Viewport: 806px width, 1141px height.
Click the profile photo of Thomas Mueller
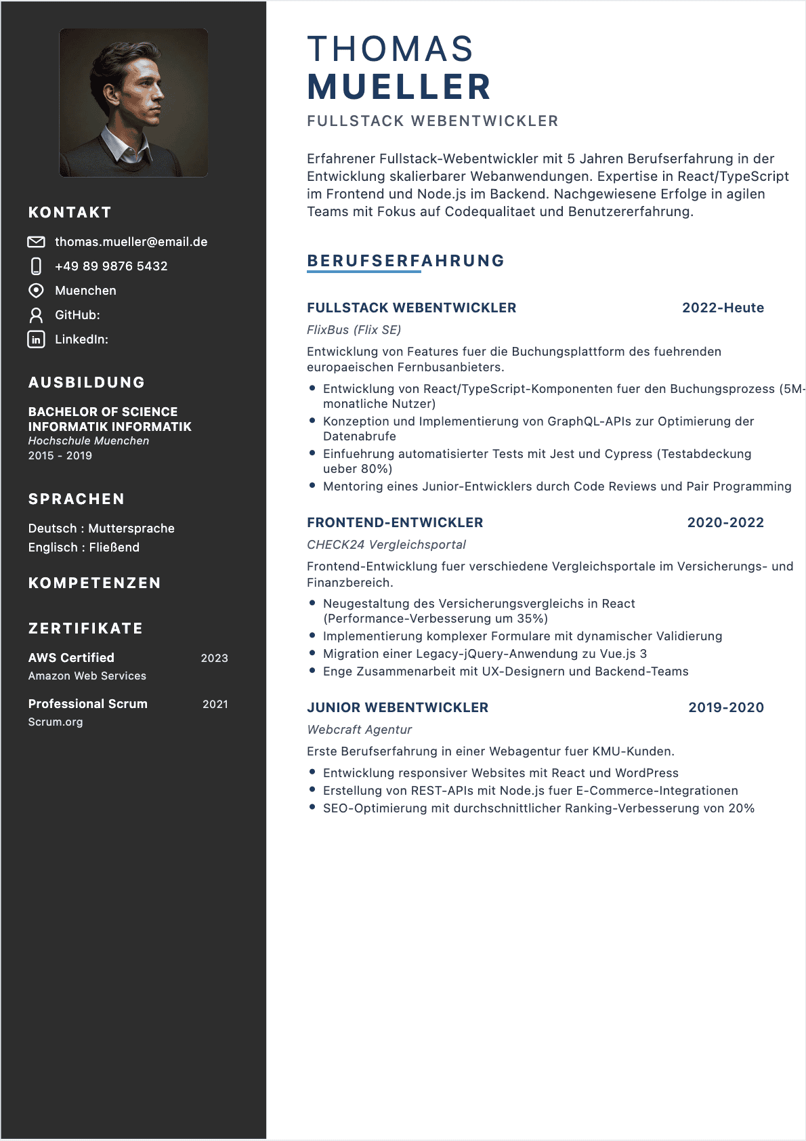coord(133,102)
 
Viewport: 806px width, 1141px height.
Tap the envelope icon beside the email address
coord(36,242)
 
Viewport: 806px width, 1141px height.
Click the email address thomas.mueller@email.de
coord(131,242)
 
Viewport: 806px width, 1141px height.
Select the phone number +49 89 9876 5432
coord(111,266)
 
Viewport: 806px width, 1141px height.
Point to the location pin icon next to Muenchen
coord(36,291)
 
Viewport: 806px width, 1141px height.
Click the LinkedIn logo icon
coord(36,339)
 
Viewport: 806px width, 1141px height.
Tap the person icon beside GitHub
coord(36,315)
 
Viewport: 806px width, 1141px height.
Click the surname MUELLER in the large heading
coord(399,87)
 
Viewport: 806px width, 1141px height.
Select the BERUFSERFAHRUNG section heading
coord(406,261)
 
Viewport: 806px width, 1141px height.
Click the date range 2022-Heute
coord(723,308)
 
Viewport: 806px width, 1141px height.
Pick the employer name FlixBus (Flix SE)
coord(354,330)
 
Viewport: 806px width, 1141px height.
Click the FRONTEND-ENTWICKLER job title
coord(395,522)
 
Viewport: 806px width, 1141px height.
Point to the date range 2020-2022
coord(725,522)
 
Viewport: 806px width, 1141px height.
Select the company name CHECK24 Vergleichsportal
coord(386,545)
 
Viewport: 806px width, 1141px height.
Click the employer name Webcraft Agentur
coord(359,730)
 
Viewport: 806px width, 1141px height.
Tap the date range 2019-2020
coord(726,707)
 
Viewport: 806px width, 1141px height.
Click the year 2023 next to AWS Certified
coord(214,658)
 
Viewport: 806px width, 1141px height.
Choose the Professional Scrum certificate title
coord(88,704)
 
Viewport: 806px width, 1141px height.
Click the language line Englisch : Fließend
coord(84,547)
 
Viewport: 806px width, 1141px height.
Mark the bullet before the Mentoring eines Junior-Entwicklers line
coord(312,486)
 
